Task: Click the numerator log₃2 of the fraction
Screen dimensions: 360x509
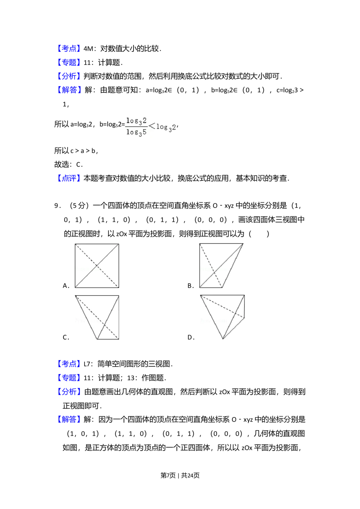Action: tap(136, 121)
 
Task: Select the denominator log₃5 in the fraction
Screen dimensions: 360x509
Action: tap(136, 132)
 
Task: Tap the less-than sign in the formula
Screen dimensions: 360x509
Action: tap(152, 126)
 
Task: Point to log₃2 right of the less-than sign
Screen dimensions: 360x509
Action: tap(166, 127)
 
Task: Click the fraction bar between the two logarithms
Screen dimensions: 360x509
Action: tap(136, 126)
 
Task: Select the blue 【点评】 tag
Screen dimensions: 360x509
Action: tap(69, 179)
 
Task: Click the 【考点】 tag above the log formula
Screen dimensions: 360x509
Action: tap(69, 49)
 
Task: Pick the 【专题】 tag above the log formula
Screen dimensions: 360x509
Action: tap(69, 62)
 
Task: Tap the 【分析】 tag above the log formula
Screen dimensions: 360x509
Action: tap(69, 76)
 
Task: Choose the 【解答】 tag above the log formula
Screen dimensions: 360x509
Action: tap(69, 90)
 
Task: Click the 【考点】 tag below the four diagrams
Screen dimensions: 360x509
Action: tap(69, 364)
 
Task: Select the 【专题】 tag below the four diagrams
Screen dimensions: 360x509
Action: tap(69, 378)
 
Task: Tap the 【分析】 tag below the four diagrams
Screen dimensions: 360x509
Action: tap(69, 391)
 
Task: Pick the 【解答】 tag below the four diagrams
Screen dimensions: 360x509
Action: tap(69, 419)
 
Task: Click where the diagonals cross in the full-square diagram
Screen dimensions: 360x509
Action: tap(97, 266)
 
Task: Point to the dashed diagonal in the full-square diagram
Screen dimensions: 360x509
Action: tap(86, 256)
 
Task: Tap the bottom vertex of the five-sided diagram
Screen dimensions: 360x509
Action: tap(223, 339)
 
